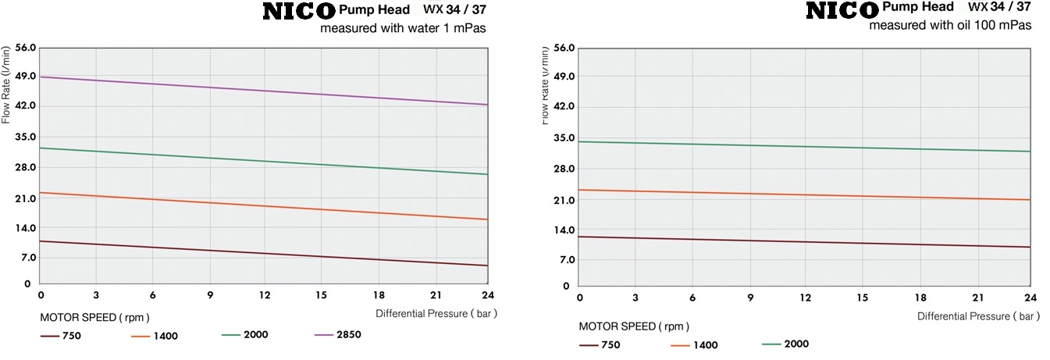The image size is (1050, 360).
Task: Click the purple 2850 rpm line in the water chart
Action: (x=265, y=91)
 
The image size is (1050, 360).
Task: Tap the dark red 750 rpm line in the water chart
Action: (x=265, y=254)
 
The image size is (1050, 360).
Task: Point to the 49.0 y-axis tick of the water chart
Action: (x=25, y=77)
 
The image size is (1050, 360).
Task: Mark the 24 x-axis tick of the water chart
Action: (x=488, y=295)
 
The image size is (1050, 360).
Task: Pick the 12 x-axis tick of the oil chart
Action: (x=806, y=298)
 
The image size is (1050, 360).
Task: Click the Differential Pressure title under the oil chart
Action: (x=979, y=316)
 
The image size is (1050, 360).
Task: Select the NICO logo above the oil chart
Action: (x=842, y=11)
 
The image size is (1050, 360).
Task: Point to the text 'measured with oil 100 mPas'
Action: (x=950, y=25)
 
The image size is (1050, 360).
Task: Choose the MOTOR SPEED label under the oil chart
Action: (x=634, y=326)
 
